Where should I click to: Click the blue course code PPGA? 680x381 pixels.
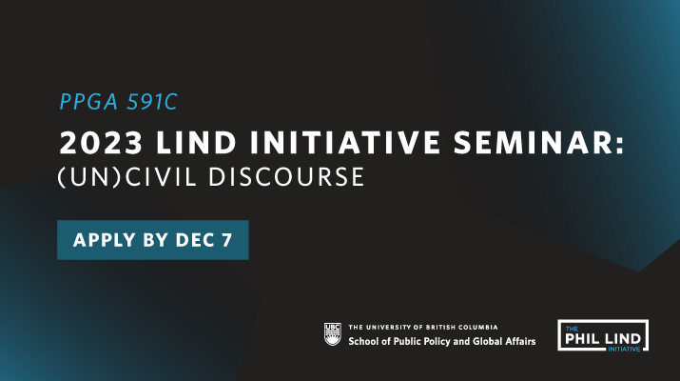[x=88, y=102]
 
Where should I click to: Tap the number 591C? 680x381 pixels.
[x=152, y=102]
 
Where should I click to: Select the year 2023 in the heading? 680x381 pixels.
[x=101, y=143]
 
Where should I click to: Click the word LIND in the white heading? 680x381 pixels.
[x=197, y=143]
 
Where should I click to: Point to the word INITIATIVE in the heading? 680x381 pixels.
[x=345, y=143]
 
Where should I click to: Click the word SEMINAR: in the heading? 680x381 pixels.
[x=539, y=143]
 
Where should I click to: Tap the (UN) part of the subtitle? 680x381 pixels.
[x=89, y=177]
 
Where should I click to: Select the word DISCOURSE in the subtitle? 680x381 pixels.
[x=286, y=177]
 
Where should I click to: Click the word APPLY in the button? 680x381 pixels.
[x=105, y=240]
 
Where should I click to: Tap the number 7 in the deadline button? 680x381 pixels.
[x=227, y=240]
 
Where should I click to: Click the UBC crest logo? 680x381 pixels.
[x=333, y=334]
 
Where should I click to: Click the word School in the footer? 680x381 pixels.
[x=364, y=341]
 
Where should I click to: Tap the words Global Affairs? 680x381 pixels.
[x=504, y=341]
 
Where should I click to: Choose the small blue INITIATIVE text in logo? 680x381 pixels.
[x=624, y=349]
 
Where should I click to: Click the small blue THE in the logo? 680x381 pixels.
[x=572, y=329]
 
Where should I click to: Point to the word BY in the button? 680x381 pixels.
[x=156, y=240]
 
